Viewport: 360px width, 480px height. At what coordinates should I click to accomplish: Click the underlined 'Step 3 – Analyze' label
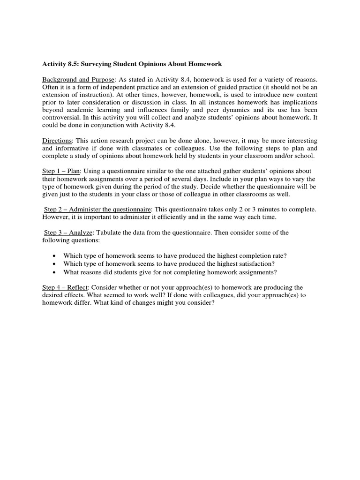pyautogui.click(x=69, y=232)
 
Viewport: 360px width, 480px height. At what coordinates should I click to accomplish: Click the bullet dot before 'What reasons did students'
pyautogui.click(x=55, y=272)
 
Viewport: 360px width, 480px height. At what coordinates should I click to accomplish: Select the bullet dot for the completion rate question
pyautogui.click(x=55, y=255)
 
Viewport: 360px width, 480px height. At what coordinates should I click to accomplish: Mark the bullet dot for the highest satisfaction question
pyautogui.click(x=55, y=264)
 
